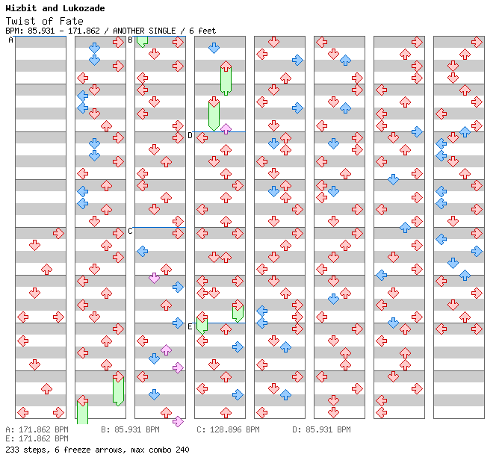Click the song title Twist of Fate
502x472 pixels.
[44, 21]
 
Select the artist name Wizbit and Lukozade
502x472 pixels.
[55, 8]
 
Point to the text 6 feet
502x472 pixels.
[204, 31]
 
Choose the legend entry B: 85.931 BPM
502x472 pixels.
[130, 430]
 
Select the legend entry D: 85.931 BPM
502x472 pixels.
[321, 430]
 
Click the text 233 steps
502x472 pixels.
[24, 450]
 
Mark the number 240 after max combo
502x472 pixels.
[182, 450]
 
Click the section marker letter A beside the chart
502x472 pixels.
[11, 40]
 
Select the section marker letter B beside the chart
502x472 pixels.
[131, 40]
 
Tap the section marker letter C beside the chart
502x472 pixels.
[131, 231]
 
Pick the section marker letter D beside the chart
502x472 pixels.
[190, 135]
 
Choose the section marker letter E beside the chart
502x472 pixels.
[190, 326]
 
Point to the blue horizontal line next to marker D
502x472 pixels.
[220, 132]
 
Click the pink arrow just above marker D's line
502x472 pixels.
[226, 128]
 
